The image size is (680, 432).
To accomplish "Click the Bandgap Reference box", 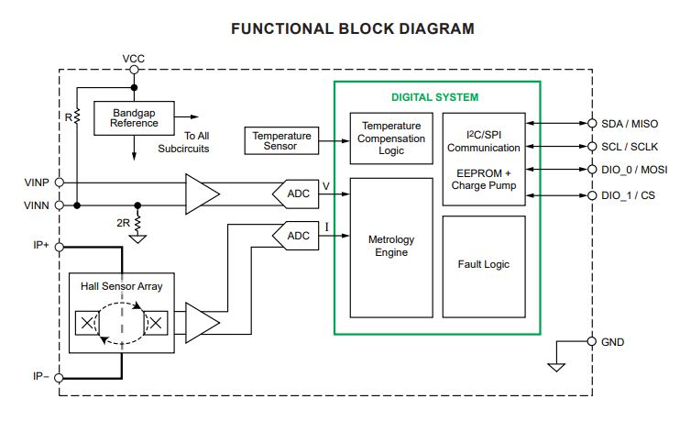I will point(134,116).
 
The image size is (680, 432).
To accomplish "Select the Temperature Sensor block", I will point(281,140).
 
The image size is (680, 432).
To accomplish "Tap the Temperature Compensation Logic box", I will point(391,138).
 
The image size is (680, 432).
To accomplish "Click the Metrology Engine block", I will point(391,246).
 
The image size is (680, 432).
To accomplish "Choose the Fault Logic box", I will point(483,264).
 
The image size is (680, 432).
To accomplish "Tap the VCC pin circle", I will point(134,69).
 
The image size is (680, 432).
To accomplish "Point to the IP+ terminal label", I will point(40,246).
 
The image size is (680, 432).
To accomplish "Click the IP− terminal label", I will point(40,375).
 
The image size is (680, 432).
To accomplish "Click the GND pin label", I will point(613,341).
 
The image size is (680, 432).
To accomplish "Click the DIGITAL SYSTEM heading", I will point(434,97).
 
